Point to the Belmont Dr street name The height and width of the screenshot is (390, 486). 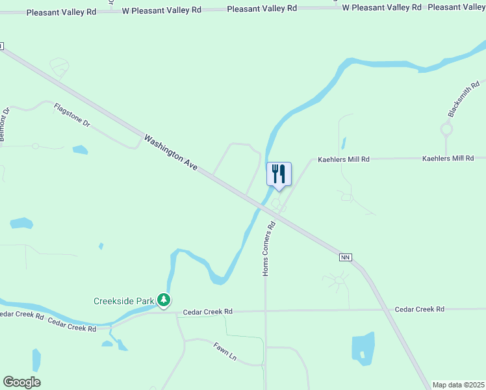click(6, 125)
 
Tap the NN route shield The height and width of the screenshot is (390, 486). click(345, 258)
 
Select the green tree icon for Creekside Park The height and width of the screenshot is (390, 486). click(166, 300)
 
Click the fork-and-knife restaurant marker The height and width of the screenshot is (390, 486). click(279, 174)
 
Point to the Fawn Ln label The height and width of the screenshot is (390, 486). click(225, 350)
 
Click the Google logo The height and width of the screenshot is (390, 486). click(21, 382)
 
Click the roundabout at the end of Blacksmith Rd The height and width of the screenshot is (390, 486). click(446, 129)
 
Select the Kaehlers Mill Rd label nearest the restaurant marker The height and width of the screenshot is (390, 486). click(343, 159)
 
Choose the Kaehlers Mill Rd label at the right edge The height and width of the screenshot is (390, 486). click(448, 158)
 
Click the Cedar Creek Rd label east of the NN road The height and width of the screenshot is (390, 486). click(419, 309)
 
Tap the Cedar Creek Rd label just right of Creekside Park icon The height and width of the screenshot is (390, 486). click(207, 312)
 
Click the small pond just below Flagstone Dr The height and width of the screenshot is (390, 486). click(80, 150)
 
